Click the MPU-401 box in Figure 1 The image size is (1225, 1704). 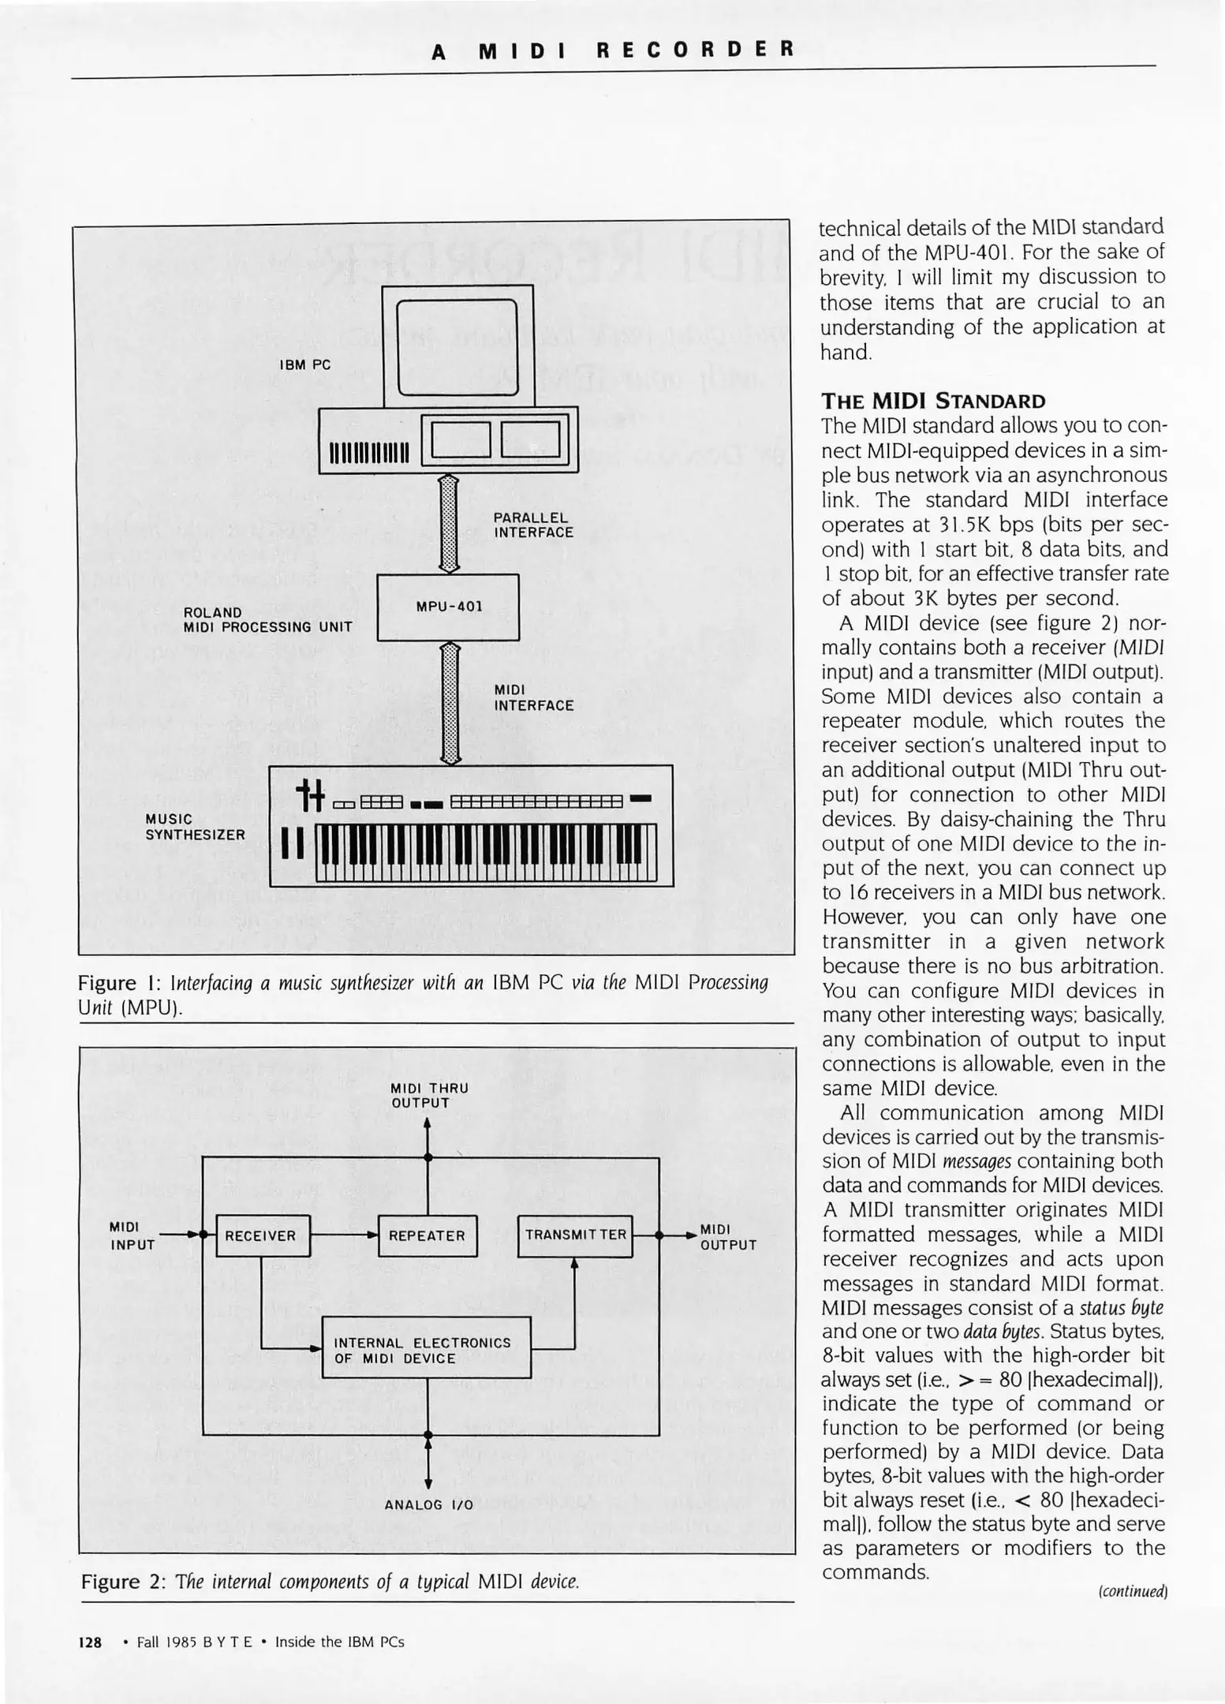[448, 607]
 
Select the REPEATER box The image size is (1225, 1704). [428, 1235]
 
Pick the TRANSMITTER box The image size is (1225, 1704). [575, 1235]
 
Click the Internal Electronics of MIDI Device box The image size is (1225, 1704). [426, 1351]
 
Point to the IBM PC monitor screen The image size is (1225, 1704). [458, 347]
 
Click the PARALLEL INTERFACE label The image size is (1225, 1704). [533, 525]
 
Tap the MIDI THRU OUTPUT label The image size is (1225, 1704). [429, 1095]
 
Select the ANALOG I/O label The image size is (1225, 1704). [428, 1504]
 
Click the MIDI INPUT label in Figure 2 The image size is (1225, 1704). [131, 1235]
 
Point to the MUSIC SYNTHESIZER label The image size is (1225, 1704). [195, 827]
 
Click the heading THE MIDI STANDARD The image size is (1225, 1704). [932, 401]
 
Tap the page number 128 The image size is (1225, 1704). [90, 1642]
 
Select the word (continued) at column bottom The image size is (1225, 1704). [1133, 1591]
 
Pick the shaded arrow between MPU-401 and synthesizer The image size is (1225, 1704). [450, 703]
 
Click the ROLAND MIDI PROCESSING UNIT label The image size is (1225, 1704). [267, 619]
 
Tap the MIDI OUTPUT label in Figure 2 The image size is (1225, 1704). [727, 1237]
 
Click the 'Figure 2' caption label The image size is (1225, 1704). [122, 1582]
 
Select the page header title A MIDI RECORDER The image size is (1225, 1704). [613, 50]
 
